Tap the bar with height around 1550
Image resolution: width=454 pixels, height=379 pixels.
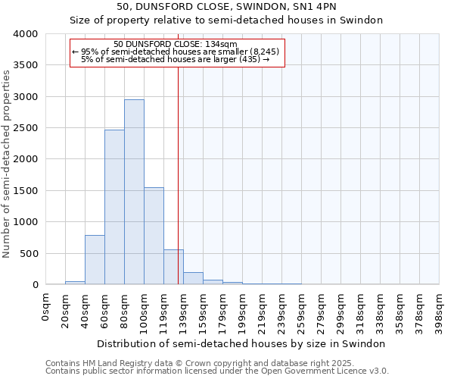pos(154,236)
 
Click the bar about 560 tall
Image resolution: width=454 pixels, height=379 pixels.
pos(173,267)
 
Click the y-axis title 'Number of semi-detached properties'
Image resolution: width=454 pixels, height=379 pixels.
pos(8,163)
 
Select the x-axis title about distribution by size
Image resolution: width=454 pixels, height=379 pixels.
pos(242,343)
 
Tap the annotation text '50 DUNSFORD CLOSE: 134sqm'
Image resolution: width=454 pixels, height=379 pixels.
pos(176,44)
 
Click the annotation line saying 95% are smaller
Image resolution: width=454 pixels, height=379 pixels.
pos(176,52)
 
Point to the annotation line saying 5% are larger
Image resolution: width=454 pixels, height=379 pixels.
pos(176,59)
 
